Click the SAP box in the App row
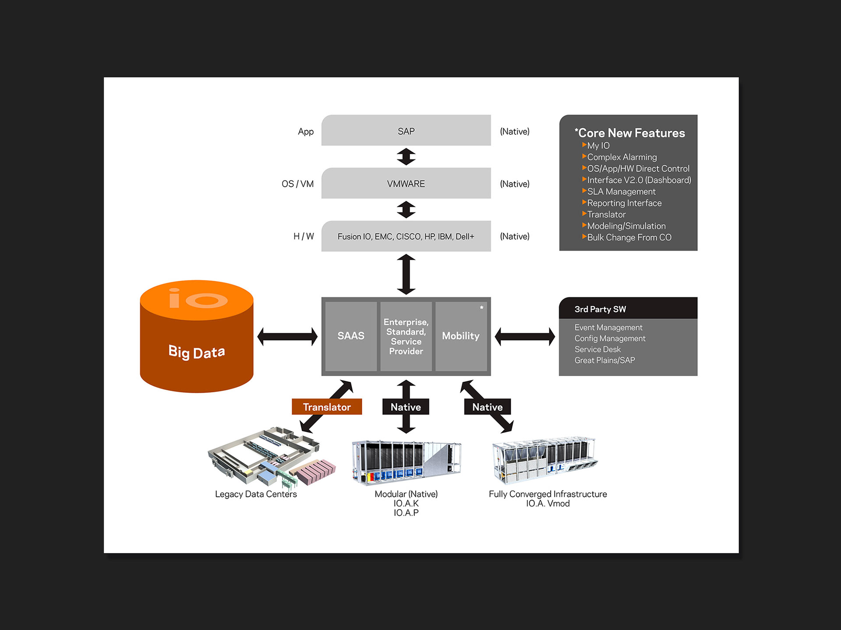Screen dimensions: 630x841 point(406,131)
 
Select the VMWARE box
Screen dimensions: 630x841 point(406,183)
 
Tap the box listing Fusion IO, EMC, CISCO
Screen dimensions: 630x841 point(406,236)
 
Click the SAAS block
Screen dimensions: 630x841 point(351,336)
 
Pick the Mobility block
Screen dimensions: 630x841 point(460,336)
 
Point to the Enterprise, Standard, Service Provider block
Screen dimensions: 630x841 point(406,336)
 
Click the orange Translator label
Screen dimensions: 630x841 point(327,407)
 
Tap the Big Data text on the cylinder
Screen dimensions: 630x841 point(197,352)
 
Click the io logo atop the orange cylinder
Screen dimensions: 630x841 point(198,299)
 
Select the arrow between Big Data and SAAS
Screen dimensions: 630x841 point(287,336)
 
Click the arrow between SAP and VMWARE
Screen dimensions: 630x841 point(406,157)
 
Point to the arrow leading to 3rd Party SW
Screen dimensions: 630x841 point(525,336)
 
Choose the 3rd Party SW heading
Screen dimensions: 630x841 point(600,309)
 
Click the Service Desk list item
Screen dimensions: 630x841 point(597,350)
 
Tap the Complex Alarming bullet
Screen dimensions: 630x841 point(622,157)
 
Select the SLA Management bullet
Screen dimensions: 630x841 point(621,192)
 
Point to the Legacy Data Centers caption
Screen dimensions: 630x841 point(256,494)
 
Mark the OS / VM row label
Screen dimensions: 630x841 point(297,184)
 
